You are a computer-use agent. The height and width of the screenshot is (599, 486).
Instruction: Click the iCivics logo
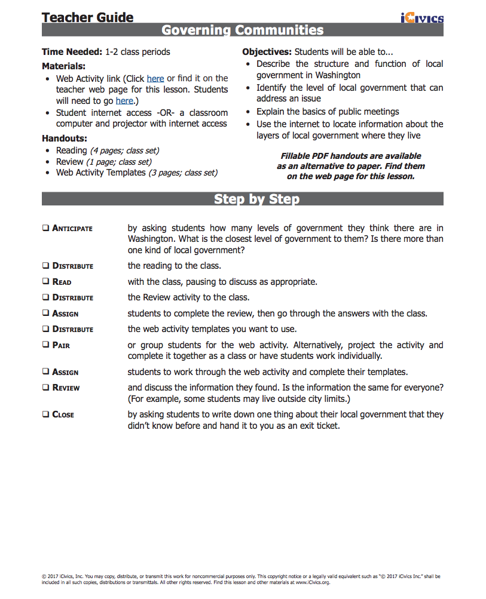(422, 18)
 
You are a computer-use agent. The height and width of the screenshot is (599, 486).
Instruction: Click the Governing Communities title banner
(243, 30)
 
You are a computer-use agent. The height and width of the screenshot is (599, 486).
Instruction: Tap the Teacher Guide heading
(88, 17)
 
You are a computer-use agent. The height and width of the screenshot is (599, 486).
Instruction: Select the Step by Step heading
(256, 199)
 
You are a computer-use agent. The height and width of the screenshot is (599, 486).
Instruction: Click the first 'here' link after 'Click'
(155, 78)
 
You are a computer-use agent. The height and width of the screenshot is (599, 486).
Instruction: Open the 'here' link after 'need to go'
(124, 101)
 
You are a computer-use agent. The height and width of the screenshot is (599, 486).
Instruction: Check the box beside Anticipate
(45, 228)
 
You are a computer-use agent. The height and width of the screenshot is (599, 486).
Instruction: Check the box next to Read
(45, 282)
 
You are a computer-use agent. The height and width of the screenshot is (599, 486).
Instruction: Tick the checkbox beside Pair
(45, 345)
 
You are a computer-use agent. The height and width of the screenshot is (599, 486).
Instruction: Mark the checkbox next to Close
(45, 414)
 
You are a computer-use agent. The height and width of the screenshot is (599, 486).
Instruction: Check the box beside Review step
(45, 388)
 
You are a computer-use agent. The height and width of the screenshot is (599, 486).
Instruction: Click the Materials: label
(63, 66)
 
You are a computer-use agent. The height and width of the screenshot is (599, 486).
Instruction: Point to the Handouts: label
(65, 139)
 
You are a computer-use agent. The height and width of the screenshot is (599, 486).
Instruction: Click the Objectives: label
(267, 52)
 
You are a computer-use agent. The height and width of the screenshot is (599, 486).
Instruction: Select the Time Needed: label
(72, 52)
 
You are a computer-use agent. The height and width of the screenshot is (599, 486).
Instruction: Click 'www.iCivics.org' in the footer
(309, 582)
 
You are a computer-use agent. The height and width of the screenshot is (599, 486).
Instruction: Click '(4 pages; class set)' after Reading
(124, 150)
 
